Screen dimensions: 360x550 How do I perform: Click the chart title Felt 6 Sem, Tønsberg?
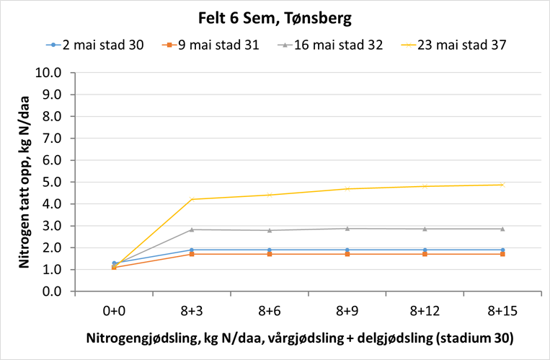coord(274,16)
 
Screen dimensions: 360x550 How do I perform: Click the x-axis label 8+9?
coord(347,310)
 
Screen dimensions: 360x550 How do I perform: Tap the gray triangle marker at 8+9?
coord(347,229)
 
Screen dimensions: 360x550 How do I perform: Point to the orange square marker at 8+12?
coord(425,254)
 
